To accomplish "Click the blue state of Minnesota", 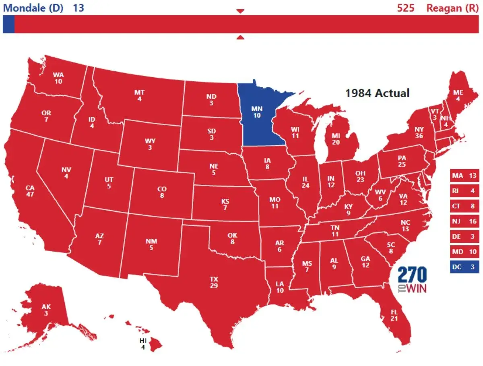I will pyautogui.click(x=258, y=115).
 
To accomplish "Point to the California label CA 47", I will pyautogui.click(x=30, y=191).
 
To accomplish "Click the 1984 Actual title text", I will pyautogui.click(x=377, y=93).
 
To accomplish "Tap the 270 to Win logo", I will pyautogui.click(x=412, y=280).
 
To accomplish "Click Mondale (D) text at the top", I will pyautogui.click(x=33, y=8).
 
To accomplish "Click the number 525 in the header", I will pyautogui.click(x=405, y=8).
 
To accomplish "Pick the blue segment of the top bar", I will pyautogui.click(x=8, y=24).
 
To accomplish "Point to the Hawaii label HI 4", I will pyautogui.click(x=143, y=343).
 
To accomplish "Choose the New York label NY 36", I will pyautogui.click(x=419, y=132).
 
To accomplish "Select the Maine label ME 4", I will pyautogui.click(x=458, y=95).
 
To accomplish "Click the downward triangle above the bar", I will pyautogui.click(x=240, y=11).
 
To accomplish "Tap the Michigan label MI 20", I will pyautogui.click(x=336, y=139).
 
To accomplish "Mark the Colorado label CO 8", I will pyautogui.click(x=162, y=192).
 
